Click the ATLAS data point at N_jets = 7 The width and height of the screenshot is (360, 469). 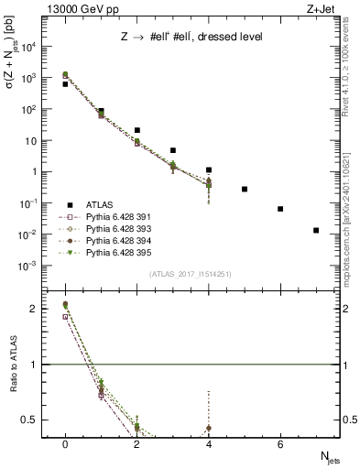(316, 230)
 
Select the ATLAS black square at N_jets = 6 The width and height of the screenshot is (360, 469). (280, 209)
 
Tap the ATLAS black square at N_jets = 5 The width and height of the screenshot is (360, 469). (245, 189)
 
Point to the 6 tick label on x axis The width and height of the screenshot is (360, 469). (280, 443)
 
